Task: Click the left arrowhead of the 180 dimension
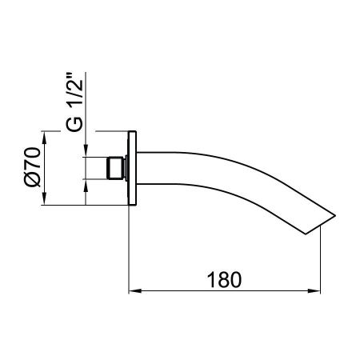coord(136,290)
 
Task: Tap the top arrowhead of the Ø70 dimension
coord(45,136)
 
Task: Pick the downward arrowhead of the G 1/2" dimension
coord(86,150)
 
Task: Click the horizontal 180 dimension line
coord(184,290)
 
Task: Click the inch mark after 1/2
coord(73,78)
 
